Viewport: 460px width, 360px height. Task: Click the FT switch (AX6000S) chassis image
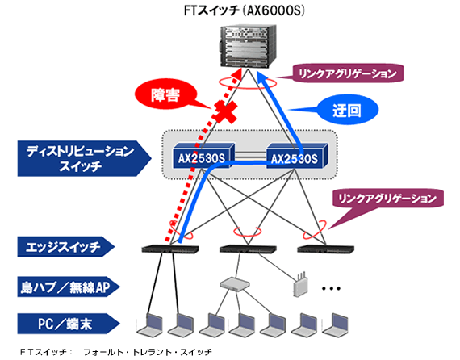(249, 46)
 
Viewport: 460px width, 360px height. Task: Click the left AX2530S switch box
(201, 156)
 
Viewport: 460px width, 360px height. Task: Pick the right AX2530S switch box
(295, 156)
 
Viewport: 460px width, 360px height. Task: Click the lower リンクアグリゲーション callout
(387, 197)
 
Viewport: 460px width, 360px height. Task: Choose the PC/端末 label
(69, 324)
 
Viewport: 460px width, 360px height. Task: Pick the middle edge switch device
(240, 248)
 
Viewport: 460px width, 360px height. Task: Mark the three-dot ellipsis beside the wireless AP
(332, 288)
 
